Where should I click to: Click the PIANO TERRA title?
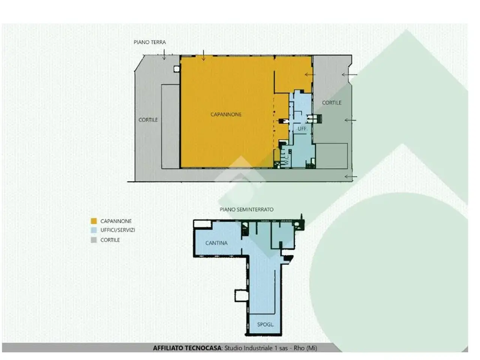pos(150,42)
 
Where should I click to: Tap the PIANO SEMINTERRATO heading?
pos(246,209)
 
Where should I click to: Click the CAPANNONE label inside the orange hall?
pos(226,114)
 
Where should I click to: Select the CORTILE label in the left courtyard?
pos(148,120)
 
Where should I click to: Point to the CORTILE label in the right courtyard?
pos(331,103)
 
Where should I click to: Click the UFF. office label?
pos(302,129)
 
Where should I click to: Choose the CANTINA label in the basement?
pos(216,243)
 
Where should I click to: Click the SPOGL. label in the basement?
pos(265,324)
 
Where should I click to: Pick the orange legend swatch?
pos(94,221)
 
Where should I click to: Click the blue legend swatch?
pos(94,230)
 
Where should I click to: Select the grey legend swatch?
pos(94,240)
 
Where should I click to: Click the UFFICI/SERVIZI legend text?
pos(118,230)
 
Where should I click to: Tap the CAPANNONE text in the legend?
pos(116,221)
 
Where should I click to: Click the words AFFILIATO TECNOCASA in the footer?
pos(187,348)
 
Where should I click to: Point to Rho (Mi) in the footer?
pos(305,348)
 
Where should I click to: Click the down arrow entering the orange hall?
pos(203,55)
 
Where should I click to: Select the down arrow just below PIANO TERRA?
pos(164,54)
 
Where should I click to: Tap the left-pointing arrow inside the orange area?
pos(310,75)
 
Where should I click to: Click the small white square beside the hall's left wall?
pos(177,69)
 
